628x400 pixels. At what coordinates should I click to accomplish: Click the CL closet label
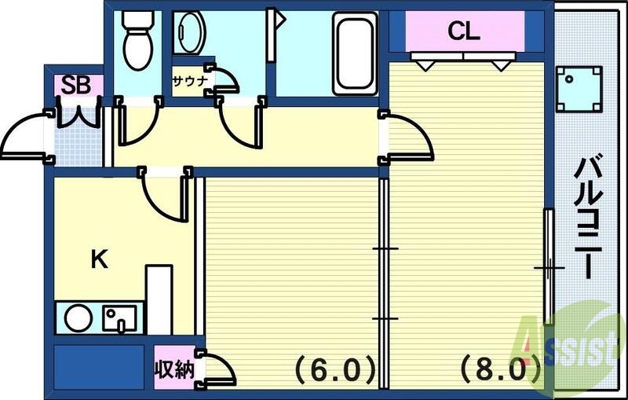point(463,31)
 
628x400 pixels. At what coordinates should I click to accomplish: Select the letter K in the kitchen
point(99,259)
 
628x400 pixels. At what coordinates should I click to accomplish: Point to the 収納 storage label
point(173,369)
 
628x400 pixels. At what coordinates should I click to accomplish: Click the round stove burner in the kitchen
point(78,318)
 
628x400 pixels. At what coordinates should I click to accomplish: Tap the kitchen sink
point(119,318)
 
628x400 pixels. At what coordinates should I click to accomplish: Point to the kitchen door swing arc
point(164,196)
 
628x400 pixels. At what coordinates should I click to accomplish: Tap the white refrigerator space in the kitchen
point(159,299)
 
